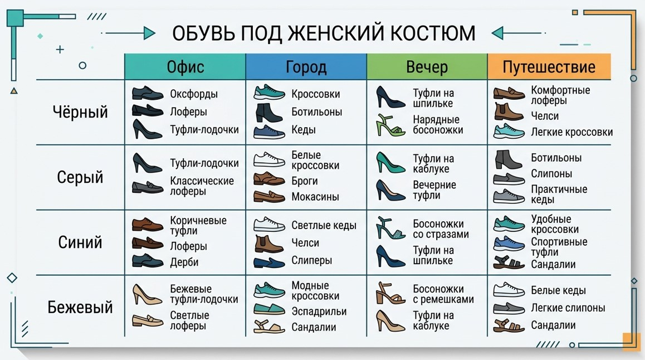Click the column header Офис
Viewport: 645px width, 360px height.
(185, 67)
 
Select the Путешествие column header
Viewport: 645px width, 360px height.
(549, 67)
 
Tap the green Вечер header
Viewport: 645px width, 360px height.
(427, 67)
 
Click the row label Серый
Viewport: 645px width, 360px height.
(80, 177)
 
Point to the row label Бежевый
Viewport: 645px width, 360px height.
(80, 307)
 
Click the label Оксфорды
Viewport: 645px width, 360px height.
(194, 94)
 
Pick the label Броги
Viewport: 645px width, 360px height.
(305, 181)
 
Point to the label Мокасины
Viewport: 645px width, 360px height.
(315, 197)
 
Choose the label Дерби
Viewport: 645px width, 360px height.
(184, 262)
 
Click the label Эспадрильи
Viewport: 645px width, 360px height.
(319, 312)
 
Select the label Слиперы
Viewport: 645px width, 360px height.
(311, 260)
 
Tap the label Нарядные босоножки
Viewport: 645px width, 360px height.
(437, 125)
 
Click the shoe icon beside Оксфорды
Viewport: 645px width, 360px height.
(147, 93)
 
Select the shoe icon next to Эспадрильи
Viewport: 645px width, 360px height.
(269, 310)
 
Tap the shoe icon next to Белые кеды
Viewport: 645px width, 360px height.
(509, 289)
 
